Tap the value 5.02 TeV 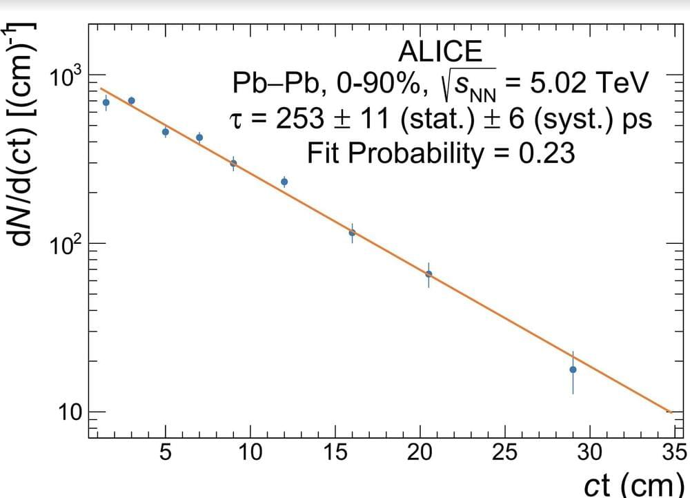click(x=589, y=84)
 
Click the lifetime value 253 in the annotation click(x=299, y=119)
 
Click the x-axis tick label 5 click(x=166, y=453)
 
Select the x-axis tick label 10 click(x=250, y=453)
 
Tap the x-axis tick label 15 click(x=335, y=453)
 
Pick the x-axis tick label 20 click(x=420, y=453)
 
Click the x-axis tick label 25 click(x=505, y=453)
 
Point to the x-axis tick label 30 click(x=590, y=453)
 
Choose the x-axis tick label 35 click(x=673, y=453)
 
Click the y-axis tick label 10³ click(x=66, y=75)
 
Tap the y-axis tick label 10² click(x=66, y=244)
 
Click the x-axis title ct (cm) click(x=633, y=483)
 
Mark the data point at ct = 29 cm click(x=573, y=370)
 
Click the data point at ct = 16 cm click(x=352, y=233)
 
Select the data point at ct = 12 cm click(x=284, y=182)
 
